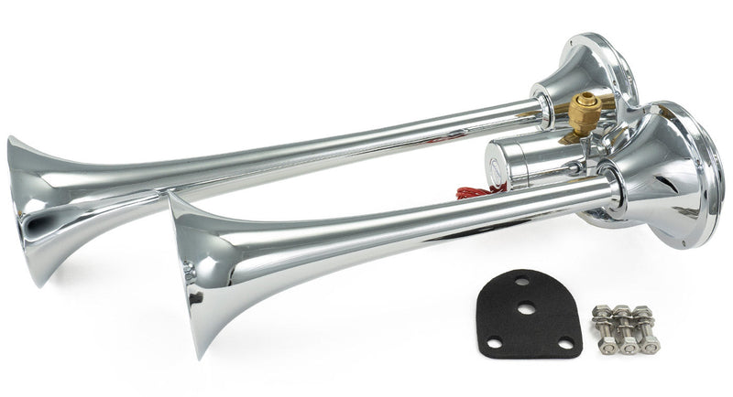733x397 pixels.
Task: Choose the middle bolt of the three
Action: tap(627, 331)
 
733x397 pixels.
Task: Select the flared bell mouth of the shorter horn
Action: tap(197, 274)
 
